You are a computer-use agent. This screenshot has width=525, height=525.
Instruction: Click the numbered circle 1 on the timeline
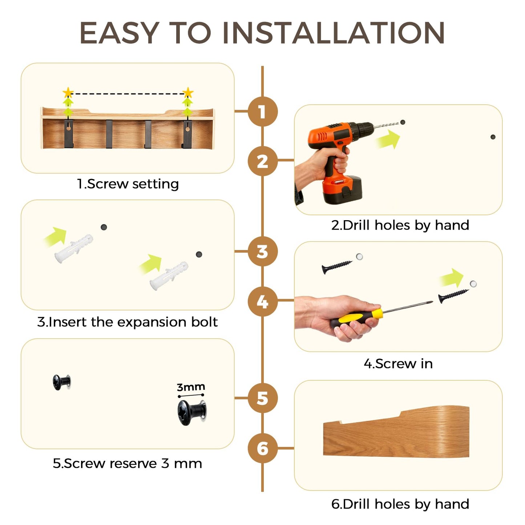click(262, 112)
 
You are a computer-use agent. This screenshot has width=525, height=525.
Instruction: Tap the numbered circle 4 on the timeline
click(262, 301)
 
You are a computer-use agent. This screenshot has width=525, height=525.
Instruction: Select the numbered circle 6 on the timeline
click(262, 448)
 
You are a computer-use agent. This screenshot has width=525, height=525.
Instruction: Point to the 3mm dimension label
click(191, 387)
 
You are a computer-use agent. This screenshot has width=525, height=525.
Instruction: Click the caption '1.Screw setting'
click(128, 184)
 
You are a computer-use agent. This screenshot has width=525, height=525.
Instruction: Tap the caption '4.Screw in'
click(398, 364)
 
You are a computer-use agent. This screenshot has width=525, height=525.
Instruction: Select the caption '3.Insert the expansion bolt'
click(128, 322)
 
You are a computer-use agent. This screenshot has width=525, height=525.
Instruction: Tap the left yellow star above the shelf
click(68, 93)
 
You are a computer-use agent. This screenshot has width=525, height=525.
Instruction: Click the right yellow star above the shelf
click(188, 93)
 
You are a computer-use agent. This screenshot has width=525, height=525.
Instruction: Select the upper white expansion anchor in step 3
click(73, 248)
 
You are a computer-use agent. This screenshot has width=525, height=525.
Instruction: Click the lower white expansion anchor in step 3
click(169, 276)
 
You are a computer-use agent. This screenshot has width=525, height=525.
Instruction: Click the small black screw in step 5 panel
click(61, 382)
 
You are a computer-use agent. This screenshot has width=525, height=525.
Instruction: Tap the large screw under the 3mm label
click(192, 412)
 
